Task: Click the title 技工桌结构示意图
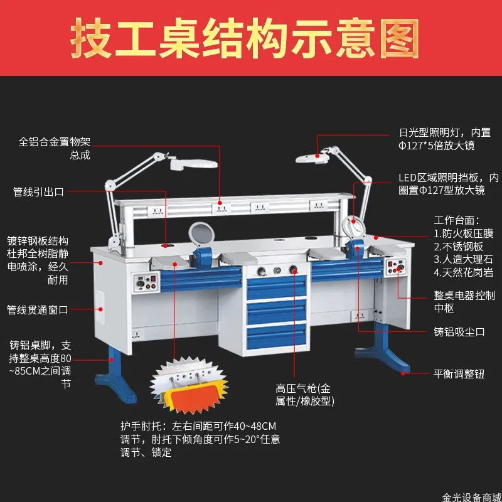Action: pos(244,38)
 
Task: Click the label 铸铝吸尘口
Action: pos(459,331)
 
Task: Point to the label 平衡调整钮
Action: pos(459,372)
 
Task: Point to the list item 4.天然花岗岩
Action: pos(464,272)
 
